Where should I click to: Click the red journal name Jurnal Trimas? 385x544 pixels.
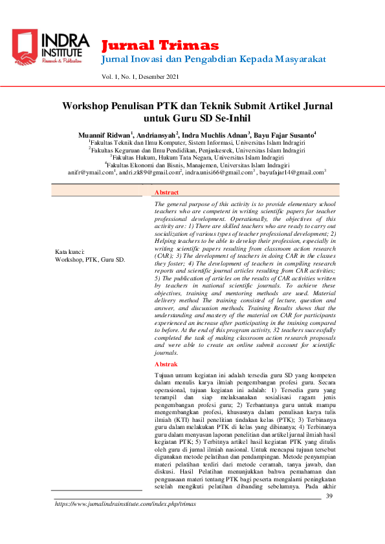click(160, 45)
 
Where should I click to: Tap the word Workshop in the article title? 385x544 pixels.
click(89, 105)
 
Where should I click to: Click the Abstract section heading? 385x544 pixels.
click(167, 193)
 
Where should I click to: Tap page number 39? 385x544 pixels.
click(329, 496)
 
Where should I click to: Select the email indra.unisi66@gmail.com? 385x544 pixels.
click(218, 173)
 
